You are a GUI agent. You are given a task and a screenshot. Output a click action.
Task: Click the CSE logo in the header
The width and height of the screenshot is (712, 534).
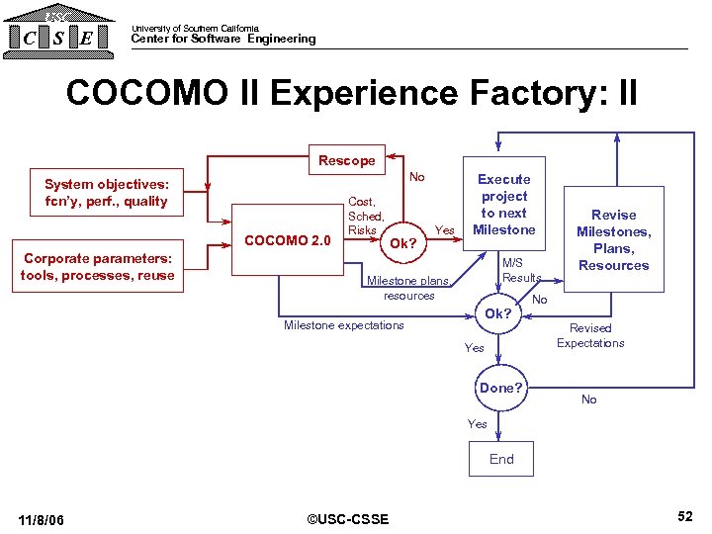[58, 31]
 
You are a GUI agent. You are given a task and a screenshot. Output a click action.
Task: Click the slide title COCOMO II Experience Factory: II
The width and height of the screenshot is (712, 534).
[351, 94]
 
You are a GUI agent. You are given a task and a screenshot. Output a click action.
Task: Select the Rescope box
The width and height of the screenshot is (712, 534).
[346, 160]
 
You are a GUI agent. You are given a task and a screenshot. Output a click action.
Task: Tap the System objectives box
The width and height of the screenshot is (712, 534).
[107, 193]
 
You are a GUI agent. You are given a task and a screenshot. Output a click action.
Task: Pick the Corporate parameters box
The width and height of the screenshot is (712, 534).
[98, 267]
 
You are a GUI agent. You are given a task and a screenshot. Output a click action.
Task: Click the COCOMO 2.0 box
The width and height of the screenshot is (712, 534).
[287, 239]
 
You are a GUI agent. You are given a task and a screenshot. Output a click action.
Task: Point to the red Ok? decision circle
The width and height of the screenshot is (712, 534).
[402, 243]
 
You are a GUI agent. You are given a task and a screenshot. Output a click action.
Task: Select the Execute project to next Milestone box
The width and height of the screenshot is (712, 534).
[504, 205]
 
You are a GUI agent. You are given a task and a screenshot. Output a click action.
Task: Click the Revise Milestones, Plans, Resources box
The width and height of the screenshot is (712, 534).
[613, 239]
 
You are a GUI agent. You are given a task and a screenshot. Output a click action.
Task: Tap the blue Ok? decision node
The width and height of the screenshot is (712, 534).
[497, 313]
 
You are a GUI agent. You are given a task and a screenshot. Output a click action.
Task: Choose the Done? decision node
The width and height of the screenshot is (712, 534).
[500, 388]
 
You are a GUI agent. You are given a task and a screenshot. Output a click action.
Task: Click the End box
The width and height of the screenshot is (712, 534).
[501, 459]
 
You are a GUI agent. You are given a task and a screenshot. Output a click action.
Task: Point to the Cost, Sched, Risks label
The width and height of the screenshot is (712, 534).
[365, 216]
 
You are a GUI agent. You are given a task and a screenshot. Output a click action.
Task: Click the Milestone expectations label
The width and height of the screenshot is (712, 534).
[343, 325]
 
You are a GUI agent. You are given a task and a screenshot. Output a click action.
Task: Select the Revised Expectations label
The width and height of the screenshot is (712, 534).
[590, 335]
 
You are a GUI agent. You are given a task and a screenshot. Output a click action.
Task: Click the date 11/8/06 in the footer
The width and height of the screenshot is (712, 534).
[42, 520]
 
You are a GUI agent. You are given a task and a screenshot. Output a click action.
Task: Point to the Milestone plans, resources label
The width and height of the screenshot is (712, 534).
[408, 288]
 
